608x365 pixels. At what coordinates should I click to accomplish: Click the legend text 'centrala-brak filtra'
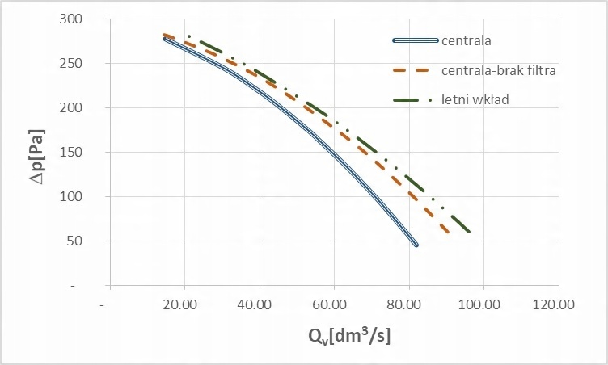[x=499, y=70]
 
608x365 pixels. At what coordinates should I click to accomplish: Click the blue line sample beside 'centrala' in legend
[x=415, y=40]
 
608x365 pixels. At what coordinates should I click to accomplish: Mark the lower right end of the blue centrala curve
[x=416, y=245]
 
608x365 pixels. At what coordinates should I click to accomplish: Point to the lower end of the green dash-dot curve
[x=469, y=232]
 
